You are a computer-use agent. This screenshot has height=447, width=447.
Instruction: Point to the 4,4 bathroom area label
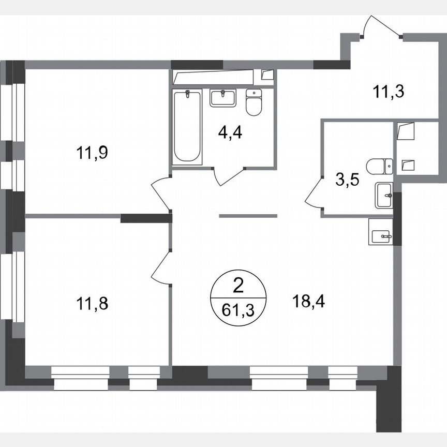pos(230,132)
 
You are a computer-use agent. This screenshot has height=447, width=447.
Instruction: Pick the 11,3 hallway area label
pos(388,92)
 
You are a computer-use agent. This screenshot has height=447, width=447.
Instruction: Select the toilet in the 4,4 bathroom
pos(254,103)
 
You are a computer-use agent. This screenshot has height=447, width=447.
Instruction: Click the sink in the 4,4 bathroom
pos(223,97)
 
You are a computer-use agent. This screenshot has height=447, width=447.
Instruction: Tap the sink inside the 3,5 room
pos(383,195)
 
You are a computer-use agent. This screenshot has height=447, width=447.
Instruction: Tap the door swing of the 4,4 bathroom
pos(228,176)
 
